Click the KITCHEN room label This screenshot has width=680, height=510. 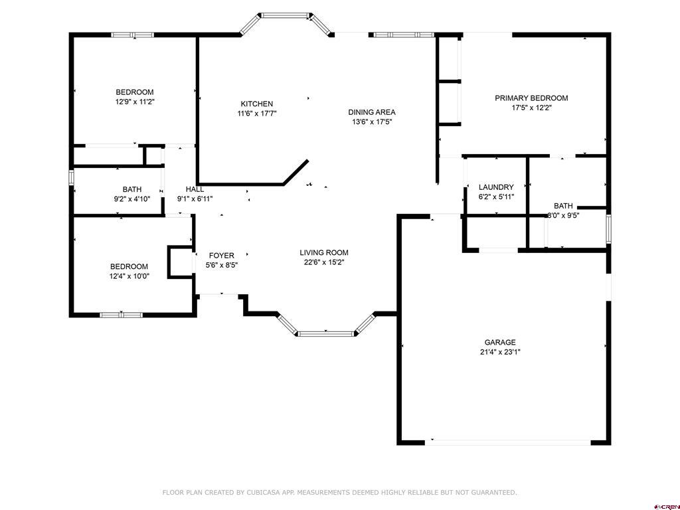[257, 104]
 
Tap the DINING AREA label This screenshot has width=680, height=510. [372, 112]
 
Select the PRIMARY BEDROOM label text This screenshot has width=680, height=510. [531, 98]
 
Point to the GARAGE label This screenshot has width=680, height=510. [500, 342]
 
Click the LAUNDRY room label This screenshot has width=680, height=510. [496, 187]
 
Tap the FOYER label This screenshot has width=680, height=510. [222, 256]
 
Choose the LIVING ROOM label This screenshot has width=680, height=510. [324, 252]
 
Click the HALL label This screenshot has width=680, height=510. [195, 189]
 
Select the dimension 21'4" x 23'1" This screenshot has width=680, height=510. [500, 352]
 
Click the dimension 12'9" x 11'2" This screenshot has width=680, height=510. [135, 102]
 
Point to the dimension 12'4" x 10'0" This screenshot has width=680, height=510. [129, 276]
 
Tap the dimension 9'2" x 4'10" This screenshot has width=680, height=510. [132, 199]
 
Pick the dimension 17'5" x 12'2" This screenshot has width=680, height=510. [531, 108]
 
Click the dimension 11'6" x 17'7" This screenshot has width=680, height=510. [257, 114]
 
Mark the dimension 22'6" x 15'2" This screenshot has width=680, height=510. [324, 262]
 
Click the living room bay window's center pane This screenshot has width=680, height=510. [325, 333]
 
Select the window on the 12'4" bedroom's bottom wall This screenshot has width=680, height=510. [122, 315]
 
